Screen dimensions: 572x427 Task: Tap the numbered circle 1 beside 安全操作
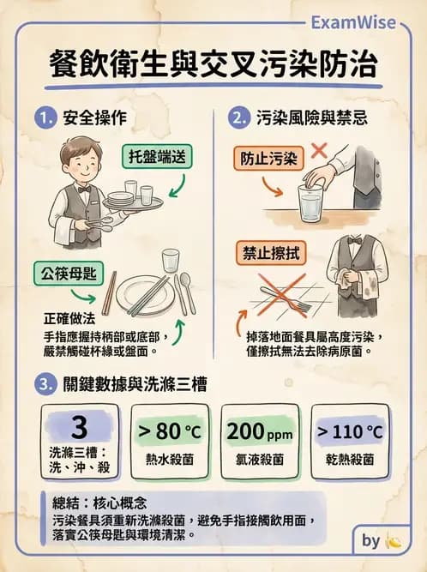click(x=45, y=117)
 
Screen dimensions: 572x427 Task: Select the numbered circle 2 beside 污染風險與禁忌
click(x=241, y=117)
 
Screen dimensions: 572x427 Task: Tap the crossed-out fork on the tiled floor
click(x=288, y=296)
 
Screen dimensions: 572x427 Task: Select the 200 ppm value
click(x=261, y=431)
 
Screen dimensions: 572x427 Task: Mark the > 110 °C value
click(x=350, y=431)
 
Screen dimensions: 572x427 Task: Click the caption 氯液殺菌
click(x=261, y=460)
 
